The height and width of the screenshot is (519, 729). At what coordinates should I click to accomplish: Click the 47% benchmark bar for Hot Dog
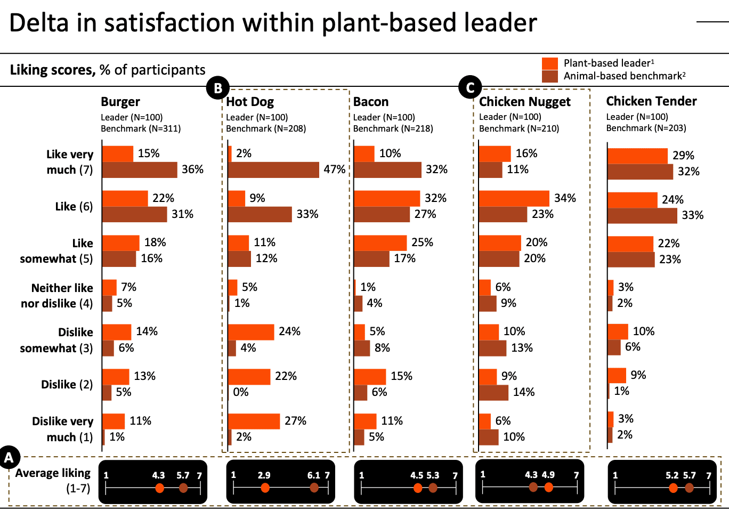pos(273,169)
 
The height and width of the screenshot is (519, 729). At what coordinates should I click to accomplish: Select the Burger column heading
pos(120,102)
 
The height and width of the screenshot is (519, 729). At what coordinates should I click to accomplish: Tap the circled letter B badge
pos(217,88)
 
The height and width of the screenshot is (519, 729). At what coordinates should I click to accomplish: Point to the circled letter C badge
pos(470,87)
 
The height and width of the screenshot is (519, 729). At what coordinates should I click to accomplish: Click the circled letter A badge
pos(9,457)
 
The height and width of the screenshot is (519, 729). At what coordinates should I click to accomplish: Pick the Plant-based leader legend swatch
pos(550,63)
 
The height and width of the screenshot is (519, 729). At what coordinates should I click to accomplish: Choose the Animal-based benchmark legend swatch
pos(550,76)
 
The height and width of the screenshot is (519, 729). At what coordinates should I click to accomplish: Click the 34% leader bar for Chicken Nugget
pos(514,198)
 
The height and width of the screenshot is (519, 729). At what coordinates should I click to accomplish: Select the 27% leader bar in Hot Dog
pos(254,421)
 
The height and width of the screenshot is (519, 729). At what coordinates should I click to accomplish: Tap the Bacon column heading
pos(371,102)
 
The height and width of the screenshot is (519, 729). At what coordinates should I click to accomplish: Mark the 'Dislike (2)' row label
pos(67,384)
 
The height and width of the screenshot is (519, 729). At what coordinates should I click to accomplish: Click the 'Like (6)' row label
pos(74,206)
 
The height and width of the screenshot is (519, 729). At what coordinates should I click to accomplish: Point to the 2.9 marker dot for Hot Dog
pos(265,488)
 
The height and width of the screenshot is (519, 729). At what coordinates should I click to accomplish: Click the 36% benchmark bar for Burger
pos(140,169)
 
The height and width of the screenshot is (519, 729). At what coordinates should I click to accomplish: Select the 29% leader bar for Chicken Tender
pos(637,156)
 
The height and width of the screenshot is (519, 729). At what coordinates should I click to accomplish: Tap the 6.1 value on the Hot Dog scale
pos(314,475)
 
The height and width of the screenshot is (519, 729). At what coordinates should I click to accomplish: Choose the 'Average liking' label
pos(53,473)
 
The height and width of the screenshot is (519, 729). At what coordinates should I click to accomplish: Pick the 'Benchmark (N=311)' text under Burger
pos(141,128)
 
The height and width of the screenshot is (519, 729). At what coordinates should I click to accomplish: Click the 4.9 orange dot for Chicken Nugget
pos(548,487)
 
